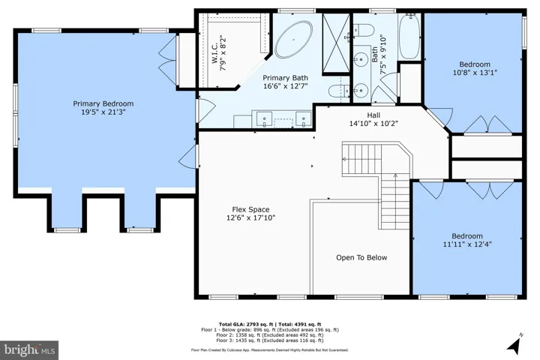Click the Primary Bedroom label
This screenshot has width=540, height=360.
coord(103,103)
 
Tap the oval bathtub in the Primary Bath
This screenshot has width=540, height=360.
coord(294,39)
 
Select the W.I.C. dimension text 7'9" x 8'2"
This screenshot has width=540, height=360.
coord(223,52)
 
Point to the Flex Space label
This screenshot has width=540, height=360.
coord(250,209)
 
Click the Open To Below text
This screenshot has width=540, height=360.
coord(361,258)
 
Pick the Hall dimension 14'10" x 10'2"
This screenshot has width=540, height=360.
coord(373,123)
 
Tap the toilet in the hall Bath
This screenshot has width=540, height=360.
coord(364,30)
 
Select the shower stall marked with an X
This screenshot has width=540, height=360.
coord(336,43)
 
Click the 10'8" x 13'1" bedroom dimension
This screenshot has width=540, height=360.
coord(475,73)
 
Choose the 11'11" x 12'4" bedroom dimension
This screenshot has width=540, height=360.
coord(467,244)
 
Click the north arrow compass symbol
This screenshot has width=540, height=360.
coord(515,344)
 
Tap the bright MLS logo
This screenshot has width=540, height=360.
coord(29,350)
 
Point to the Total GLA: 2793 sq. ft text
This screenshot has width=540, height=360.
coord(246,324)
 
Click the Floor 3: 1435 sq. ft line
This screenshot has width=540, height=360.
coord(270,340)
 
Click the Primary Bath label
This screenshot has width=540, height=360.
coord(286,78)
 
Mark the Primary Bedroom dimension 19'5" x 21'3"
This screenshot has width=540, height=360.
coord(103,112)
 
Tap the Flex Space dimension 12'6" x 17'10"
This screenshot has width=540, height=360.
coord(250,217)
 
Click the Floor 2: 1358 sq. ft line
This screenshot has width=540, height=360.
coord(270,334)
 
